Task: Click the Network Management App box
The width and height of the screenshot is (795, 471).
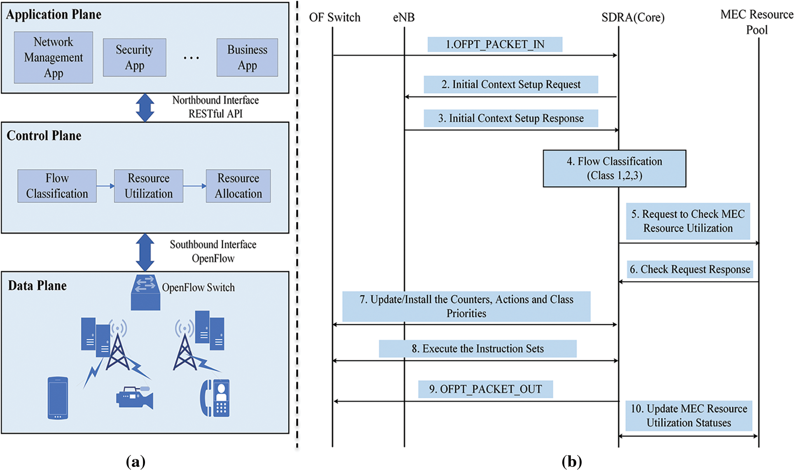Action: pyautogui.click(x=53, y=58)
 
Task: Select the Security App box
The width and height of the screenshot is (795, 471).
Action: pyautogui.click(x=134, y=58)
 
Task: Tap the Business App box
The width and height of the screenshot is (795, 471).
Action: pyautogui.click(x=247, y=58)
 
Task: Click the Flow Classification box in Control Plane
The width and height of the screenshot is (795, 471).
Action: pyautogui.click(x=57, y=186)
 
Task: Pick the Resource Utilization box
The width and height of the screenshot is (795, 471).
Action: pyautogui.click(x=148, y=186)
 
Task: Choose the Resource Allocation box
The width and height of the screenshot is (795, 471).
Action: pyautogui.click(x=238, y=186)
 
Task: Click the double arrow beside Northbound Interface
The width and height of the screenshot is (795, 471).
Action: pyautogui.click(x=145, y=107)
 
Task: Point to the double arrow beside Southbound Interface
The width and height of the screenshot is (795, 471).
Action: pyautogui.click(x=145, y=252)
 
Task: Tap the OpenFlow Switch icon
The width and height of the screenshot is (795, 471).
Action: pyautogui.click(x=145, y=293)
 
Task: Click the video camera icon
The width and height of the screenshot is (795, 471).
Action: pyautogui.click(x=135, y=398)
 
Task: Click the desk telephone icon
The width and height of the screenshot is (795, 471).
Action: pyautogui.click(x=215, y=398)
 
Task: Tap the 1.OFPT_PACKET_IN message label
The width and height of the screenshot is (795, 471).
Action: pyautogui.click(x=495, y=44)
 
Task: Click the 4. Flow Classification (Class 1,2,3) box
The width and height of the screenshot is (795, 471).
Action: pyautogui.click(x=614, y=168)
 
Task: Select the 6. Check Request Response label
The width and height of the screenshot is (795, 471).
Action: pyautogui.click(x=690, y=269)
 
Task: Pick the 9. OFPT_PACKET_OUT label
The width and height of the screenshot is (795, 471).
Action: pyautogui.click(x=485, y=389)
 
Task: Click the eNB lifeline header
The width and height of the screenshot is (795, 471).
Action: pyautogui.click(x=404, y=18)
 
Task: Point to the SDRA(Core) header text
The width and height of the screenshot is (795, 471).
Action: pyautogui.click(x=633, y=18)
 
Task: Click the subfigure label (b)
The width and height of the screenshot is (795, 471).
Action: pyautogui.click(x=571, y=462)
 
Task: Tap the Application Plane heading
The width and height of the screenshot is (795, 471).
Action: pyautogui.click(x=54, y=15)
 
